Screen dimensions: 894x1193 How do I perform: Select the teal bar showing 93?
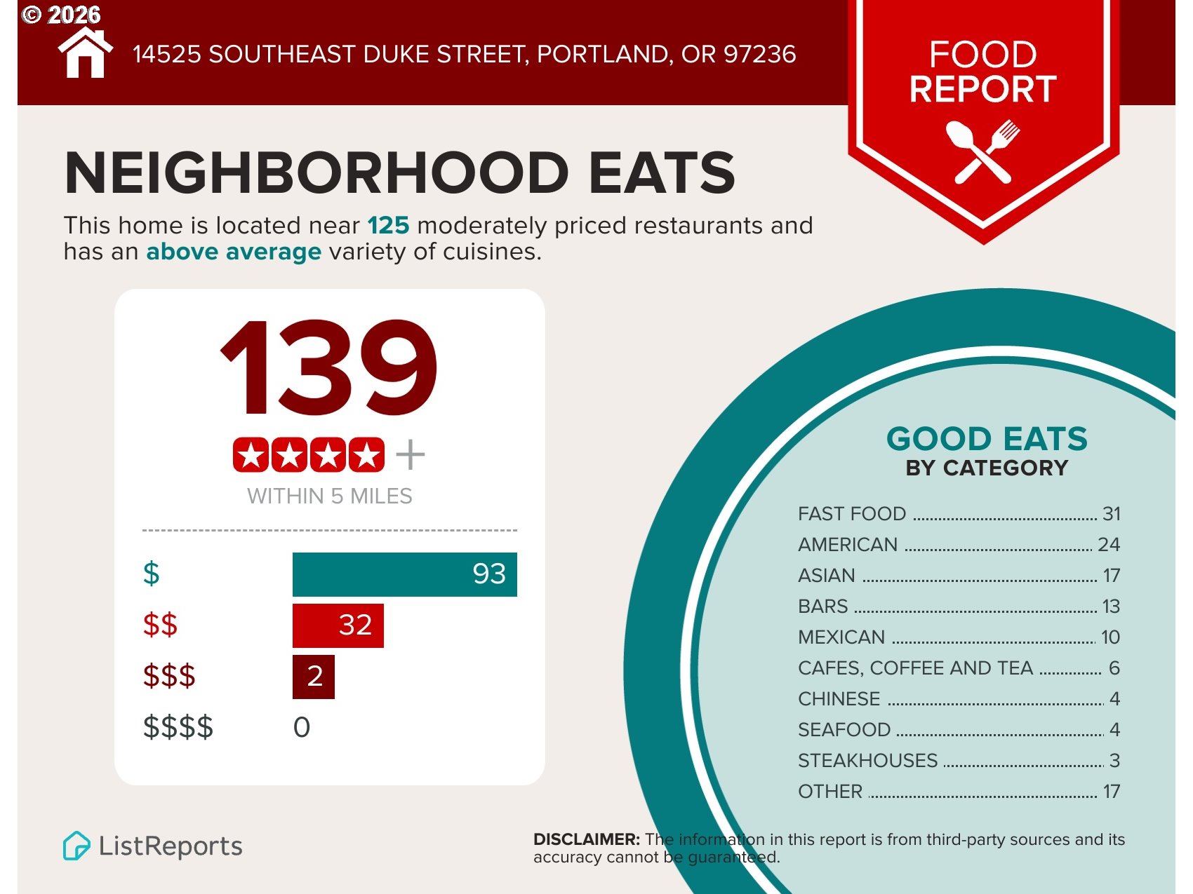click(404, 574)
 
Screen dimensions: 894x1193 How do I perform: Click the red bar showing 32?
click(338, 625)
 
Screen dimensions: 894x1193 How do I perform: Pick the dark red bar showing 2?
click(313, 677)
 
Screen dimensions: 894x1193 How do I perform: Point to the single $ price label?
click(151, 574)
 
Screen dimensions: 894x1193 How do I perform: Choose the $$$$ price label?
click(178, 727)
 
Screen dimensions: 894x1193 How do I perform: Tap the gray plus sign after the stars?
click(411, 455)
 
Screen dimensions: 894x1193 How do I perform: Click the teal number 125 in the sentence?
click(388, 226)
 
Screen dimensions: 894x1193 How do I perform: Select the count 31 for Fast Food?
click(1111, 514)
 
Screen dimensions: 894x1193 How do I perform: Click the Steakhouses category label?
click(867, 761)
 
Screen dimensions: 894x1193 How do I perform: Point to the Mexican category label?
click(841, 637)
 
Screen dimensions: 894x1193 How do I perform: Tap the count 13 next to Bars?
click(1111, 607)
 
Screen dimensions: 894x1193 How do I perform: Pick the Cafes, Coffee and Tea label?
click(915, 668)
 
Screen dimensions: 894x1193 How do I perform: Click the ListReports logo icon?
click(76, 846)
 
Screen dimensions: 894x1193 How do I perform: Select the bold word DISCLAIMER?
click(586, 839)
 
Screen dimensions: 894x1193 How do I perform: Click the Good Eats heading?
click(987, 440)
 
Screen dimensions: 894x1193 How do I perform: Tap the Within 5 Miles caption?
click(329, 496)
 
